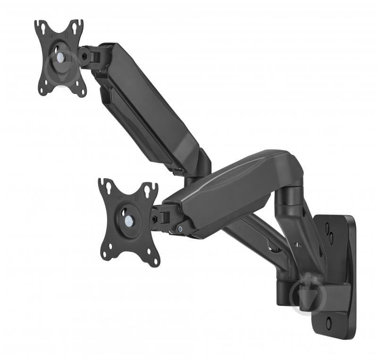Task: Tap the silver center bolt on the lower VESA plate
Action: tap(128, 220)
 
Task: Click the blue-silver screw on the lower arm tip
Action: tap(181, 230)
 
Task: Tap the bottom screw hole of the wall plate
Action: tap(329, 324)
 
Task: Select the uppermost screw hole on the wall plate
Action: tap(327, 228)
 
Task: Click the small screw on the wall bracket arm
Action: tap(297, 245)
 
